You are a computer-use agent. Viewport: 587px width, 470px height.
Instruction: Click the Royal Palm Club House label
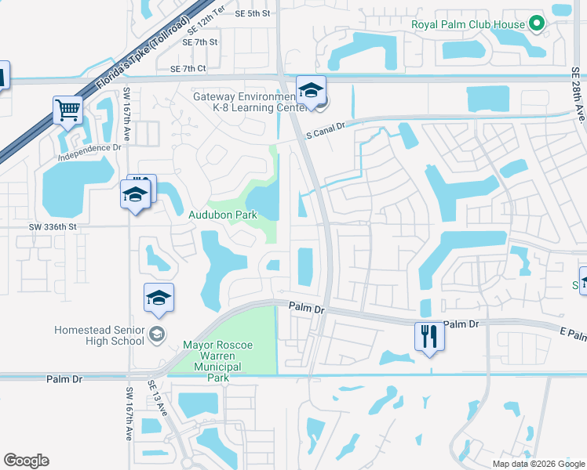(468, 24)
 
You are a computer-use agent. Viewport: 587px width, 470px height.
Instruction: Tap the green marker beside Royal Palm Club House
(537, 24)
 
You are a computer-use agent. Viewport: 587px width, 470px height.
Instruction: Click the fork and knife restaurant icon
(429, 337)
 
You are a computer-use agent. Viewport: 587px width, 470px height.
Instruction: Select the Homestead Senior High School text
(99, 335)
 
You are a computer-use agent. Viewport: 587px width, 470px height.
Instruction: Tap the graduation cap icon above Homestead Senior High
(159, 298)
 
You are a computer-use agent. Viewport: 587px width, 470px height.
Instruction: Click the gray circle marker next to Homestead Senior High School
(157, 335)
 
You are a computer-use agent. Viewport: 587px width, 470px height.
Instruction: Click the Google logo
(26, 461)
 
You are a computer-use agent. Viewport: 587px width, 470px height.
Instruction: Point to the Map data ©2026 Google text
(538, 464)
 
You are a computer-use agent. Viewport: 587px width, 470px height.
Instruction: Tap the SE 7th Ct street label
(188, 69)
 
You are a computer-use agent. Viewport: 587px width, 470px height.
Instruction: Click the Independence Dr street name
(90, 147)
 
